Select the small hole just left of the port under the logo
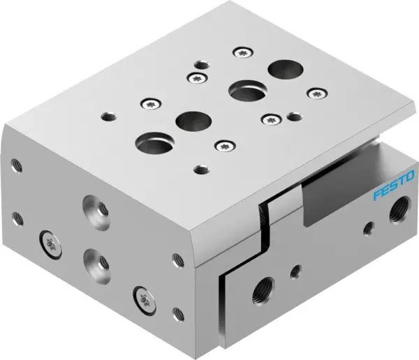(367, 227)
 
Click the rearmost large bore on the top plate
(284, 69)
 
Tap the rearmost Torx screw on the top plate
(244, 51)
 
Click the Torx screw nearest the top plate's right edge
(320, 91)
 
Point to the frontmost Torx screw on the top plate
(223, 145)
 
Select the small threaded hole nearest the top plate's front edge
(202, 168)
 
